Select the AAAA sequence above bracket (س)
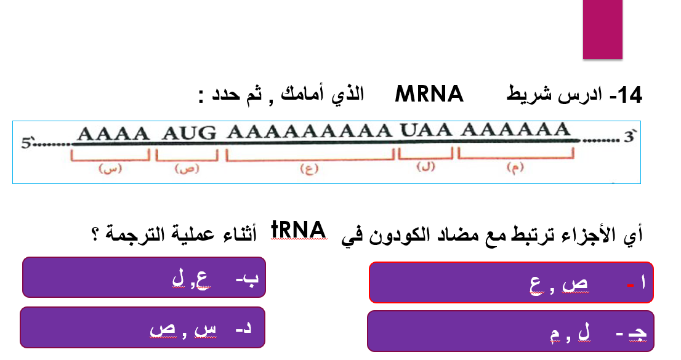pos(114,132)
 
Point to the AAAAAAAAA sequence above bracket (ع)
pos(309,131)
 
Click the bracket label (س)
pos(111,169)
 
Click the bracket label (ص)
pos(185,169)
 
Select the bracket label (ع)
pos(307,169)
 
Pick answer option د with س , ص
pos(142,327)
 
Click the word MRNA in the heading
pos(430,95)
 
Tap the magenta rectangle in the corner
pos(603,29)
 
